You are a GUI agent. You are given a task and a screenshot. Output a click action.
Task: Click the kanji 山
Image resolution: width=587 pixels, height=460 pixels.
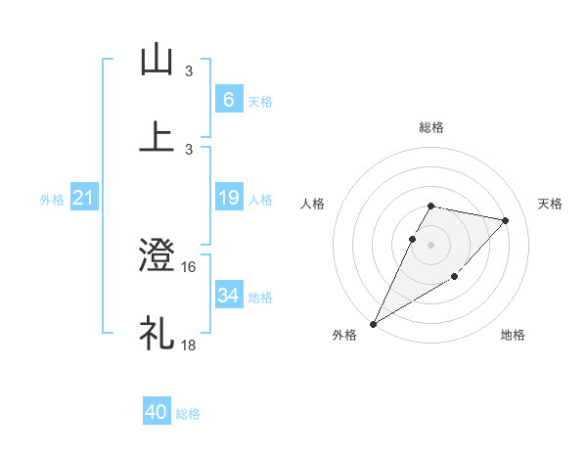157,59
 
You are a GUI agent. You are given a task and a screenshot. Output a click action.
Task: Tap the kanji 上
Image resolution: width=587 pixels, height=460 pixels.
157,135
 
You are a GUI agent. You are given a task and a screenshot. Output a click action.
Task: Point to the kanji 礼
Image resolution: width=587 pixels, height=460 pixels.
157,332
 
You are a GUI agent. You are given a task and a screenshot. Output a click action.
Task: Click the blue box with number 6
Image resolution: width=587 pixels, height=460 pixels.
228,99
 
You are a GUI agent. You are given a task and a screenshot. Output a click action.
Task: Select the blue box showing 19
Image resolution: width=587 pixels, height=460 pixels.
228,198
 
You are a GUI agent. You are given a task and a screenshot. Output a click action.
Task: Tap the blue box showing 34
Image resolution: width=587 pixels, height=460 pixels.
228,296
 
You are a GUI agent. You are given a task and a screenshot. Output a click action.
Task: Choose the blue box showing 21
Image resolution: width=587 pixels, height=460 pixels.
84,199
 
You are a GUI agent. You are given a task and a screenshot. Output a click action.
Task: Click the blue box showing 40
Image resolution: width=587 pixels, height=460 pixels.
157,412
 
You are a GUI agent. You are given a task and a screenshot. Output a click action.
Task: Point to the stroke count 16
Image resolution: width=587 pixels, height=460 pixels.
189,266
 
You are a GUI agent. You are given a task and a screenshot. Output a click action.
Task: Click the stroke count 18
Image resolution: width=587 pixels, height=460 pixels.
189,344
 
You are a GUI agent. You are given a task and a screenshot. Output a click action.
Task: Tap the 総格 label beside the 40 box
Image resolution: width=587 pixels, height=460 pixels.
188,414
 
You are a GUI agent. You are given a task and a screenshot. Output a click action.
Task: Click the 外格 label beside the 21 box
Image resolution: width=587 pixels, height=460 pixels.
52,200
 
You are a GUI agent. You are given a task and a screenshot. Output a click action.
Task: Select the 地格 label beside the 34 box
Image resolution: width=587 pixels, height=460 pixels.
260,297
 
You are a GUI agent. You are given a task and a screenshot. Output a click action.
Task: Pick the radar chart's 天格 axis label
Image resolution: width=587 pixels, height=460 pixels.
551,204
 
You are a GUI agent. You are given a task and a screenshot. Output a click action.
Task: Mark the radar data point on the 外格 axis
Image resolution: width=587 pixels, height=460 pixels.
374,323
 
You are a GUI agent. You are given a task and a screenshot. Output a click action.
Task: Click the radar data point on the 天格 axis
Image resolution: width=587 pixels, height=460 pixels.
506,220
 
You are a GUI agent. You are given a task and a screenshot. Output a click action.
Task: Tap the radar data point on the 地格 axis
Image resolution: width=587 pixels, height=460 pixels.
455,278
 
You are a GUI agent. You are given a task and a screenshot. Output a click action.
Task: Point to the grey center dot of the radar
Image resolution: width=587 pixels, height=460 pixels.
430,245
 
